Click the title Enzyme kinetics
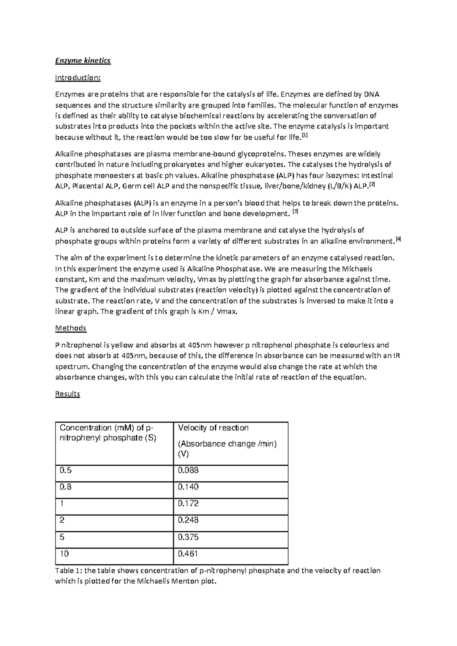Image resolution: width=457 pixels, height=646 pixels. [83, 61]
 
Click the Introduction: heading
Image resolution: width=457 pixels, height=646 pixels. [78, 78]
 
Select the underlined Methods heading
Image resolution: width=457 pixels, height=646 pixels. [70, 328]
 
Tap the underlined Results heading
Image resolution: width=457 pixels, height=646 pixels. [67, 393]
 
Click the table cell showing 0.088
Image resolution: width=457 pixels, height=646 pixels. [188, 470]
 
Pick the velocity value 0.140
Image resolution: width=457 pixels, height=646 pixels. [188, 487]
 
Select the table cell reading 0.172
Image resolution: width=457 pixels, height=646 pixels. [188, 504]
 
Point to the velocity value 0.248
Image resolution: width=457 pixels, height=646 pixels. [188, 520]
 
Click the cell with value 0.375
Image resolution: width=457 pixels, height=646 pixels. [188, 537]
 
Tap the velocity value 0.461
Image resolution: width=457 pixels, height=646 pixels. [188, 553]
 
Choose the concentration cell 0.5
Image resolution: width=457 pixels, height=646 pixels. [66, 470]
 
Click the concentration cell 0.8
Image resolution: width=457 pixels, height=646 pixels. [66, 487]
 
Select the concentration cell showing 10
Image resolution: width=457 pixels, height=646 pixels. [64, 553]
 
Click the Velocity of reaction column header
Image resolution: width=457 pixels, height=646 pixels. [213, 428]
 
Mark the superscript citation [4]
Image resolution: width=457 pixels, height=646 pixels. [398, 239]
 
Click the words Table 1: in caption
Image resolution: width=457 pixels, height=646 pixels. [69, 571]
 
